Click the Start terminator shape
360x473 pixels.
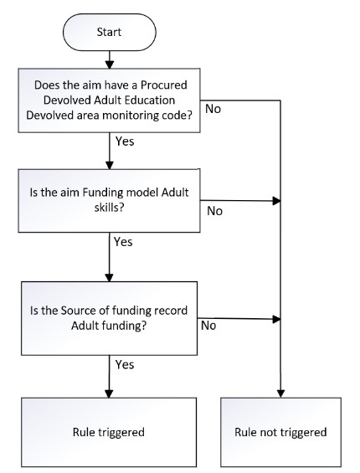(109, 32)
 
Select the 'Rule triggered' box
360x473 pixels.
(109, 432)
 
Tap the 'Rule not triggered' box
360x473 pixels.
(280, 432)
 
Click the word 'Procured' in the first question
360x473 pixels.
(164, 85)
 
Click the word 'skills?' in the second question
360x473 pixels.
(109, 208)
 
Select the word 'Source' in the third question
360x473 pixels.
(76, 311)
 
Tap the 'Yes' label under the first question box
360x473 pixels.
(125, 141)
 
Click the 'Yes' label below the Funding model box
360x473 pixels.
(123, 242)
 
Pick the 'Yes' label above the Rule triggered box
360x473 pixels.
(125, 365)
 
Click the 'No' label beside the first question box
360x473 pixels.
(213, 109)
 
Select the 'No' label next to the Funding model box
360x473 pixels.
(215, 211)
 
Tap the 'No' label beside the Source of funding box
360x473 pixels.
(208, 326)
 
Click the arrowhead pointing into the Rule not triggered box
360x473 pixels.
(280, 393)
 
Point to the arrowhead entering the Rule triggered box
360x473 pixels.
(109, 393)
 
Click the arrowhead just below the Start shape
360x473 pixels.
(109, 64)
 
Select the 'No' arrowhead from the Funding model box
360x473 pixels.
(277, 201)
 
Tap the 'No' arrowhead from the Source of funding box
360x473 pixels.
(277, 319)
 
